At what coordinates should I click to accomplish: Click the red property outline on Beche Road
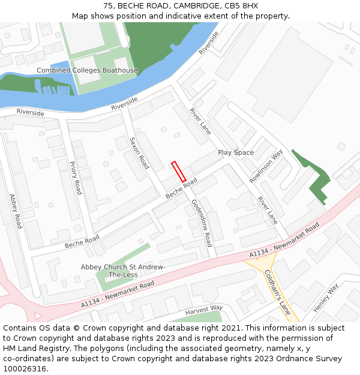(x=178, y=172)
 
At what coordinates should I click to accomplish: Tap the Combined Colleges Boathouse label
(x=87, y=71)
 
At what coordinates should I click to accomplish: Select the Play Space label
(x=236, y=153)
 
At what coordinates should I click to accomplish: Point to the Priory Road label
(x=76, y=177)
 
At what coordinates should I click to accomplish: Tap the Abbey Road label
(x=16, y=211)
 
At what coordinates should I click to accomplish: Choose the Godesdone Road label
(x=202, y=223)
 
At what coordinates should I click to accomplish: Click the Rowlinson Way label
(x=266, y=166)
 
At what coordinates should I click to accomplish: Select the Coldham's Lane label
(x=277, y=292)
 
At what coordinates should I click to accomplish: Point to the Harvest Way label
(x=204, y=308)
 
